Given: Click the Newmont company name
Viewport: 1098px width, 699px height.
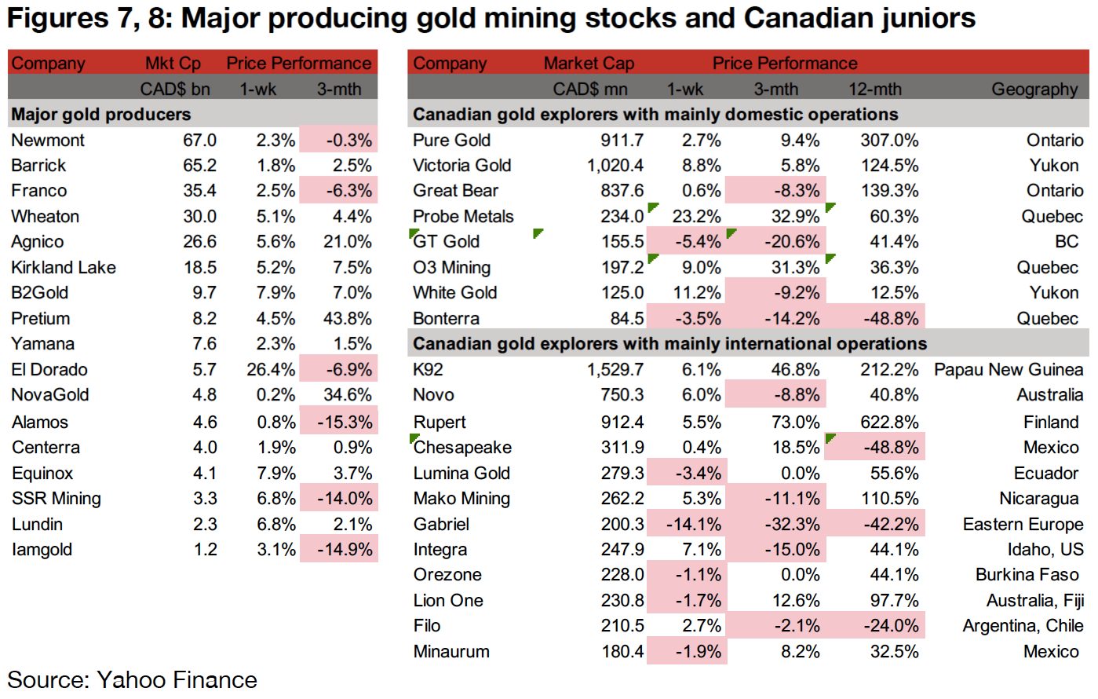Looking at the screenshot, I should coord(48,141).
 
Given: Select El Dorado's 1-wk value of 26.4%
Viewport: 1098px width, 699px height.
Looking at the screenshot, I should coord(271,370).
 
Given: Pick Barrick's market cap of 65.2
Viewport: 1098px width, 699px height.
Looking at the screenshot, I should coord(199,166).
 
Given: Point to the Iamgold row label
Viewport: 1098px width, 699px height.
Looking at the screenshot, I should coord(42,550).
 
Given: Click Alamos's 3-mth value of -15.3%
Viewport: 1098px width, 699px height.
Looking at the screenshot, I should coord(345,423).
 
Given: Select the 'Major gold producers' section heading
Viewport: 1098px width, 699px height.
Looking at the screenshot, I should coord(101,115).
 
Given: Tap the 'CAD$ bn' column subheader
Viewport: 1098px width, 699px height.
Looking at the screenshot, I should coord(175,90).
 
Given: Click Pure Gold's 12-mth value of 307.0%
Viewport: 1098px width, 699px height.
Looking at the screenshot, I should coord(889,141).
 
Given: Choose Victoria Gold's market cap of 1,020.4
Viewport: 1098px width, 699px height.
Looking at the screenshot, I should coord(615,166).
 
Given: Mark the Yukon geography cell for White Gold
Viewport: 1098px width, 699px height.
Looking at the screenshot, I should coord(1054,293).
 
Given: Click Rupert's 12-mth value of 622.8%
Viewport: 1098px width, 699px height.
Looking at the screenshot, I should coord(889,423).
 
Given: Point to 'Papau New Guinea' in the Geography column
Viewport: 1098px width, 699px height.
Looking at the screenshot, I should coord(1009,370).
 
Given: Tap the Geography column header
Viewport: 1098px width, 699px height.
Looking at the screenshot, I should coord(1034,90).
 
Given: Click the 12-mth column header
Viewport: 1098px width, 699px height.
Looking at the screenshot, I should coord(874,90).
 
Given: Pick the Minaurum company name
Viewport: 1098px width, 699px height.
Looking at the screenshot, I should coord(451,652).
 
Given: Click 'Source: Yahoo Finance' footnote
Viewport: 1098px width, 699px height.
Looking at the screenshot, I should coord(132,679).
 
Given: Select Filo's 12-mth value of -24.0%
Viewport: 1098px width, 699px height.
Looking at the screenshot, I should coord(889,626).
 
